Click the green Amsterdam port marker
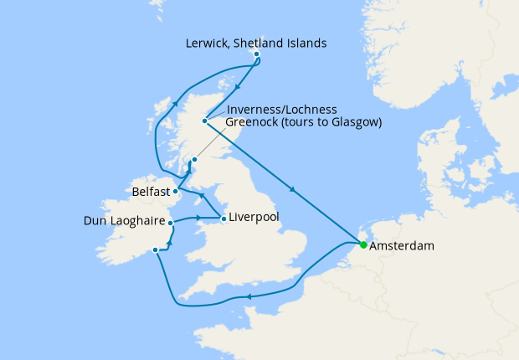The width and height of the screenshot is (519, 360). (363, 245)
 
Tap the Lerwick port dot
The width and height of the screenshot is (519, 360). (256, 54)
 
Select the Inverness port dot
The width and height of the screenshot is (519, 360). (204, 121)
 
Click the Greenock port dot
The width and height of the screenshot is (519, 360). (194, 160)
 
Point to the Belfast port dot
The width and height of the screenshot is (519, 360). (176, 191)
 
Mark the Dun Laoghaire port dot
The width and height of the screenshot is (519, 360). (171, 223)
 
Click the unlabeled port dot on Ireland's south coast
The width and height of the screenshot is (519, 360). (155, 249)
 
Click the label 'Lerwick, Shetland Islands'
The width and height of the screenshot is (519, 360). (256, 42)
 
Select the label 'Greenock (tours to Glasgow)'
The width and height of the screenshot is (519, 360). (304, 122)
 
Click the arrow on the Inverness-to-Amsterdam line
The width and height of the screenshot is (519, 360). (293, 189)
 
